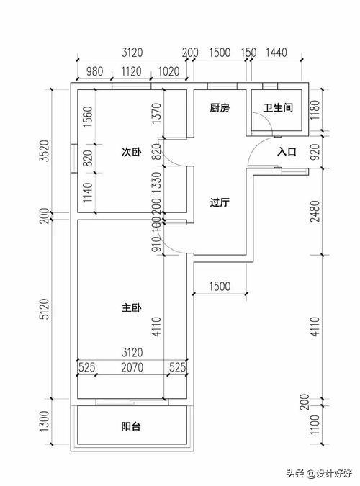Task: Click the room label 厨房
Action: tap(219, 109)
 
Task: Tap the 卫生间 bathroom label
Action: tap(277, 109)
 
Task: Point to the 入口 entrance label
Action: tap(287, 152)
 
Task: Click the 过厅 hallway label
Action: tap(219, 203)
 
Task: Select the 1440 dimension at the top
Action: tap(276, 53)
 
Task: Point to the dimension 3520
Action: tap(45, 151)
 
